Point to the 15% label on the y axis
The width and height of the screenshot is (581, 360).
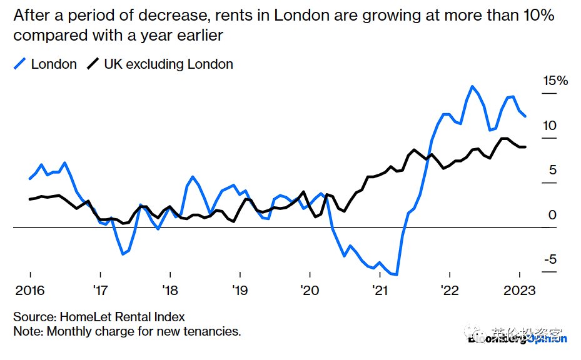(x=555, y=81)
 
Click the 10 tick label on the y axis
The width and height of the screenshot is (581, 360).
(x=549, y=126)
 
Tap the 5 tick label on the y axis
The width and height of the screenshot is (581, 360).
(x=552, y=170)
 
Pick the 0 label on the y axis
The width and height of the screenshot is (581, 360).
(x=552, y=215)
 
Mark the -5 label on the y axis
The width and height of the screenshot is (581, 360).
(x=548, y=260)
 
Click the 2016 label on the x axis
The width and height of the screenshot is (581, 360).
(x=30, y=291)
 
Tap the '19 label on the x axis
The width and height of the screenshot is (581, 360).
(x=240, y=291)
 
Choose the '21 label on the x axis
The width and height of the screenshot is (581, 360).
(x=380, y=291)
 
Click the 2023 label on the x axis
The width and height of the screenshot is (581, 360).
(x=520, y=291)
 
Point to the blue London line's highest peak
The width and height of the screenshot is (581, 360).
(x=472, y=86)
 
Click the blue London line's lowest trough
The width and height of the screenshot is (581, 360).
(x=397, y=274)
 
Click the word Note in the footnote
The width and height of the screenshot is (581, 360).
(x=28, y=331)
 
